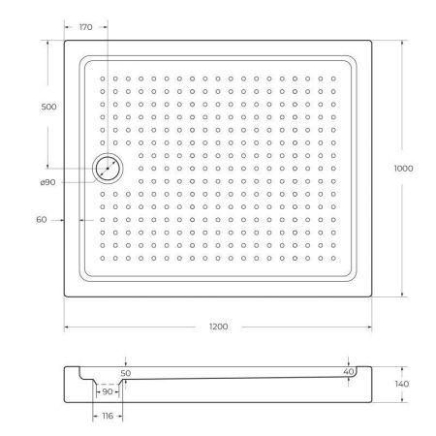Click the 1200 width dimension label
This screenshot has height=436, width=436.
click(218, 327)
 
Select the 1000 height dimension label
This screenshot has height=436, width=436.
click(404, 169)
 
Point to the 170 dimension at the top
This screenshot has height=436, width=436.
click(85, 27)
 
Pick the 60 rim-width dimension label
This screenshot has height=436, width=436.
click(41, 220)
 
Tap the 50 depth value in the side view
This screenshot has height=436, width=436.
click(125, 372)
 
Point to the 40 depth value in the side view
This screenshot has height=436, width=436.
click(348, 371)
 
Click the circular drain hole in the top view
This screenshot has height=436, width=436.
click(107, 170)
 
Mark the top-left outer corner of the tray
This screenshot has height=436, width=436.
click(65, 41)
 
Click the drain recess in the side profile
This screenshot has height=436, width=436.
click(108, 385)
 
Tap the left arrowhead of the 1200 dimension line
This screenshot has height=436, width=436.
click(67, 327)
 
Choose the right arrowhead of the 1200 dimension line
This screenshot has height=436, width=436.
click(373, 327)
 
